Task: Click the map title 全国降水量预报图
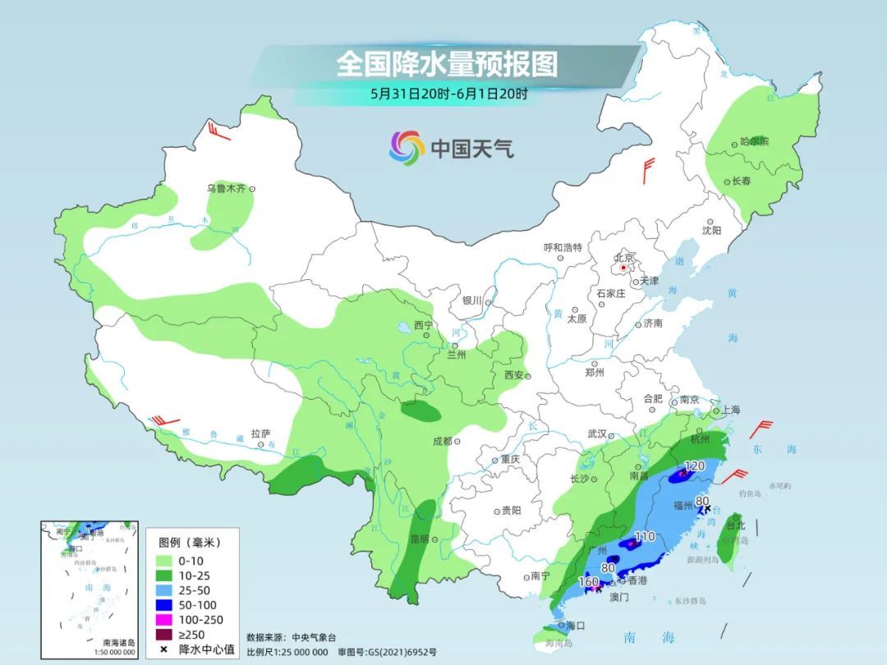446,63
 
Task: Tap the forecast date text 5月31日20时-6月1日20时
448,94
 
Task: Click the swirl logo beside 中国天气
407,148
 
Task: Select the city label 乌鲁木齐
225,189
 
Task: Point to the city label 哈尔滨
753,141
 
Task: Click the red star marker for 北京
624,268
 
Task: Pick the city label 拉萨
260,433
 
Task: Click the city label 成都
441,441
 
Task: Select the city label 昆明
419,539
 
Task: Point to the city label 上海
730,410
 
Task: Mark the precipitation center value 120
695,466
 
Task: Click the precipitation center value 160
589,582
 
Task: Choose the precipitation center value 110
645,536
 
